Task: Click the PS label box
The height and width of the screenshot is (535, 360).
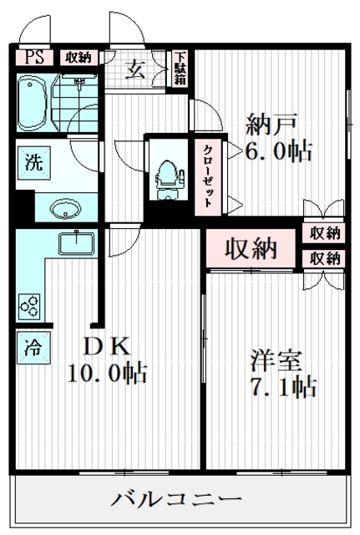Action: point(34,58)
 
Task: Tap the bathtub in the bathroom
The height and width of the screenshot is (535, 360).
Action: point(32,103)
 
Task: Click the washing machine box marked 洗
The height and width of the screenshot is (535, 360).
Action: point(34,163)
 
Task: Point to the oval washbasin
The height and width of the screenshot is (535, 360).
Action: point(66,208)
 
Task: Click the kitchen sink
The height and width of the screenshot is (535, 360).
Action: point(76,243)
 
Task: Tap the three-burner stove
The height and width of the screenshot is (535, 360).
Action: point(29,306)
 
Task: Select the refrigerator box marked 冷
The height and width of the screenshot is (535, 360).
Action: point(33,348)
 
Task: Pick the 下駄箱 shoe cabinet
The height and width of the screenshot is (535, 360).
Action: point(180,69)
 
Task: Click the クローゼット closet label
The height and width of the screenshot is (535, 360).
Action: point(208,176)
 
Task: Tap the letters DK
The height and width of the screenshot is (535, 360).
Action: point(107,346)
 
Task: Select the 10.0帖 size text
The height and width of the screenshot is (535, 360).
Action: point(108,373)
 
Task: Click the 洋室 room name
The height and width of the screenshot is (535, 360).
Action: point(276,360)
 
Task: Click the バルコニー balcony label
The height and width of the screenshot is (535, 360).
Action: point(176,500)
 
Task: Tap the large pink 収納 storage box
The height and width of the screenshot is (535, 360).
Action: point(251,248)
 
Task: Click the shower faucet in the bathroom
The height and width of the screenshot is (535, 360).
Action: point(79,81)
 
